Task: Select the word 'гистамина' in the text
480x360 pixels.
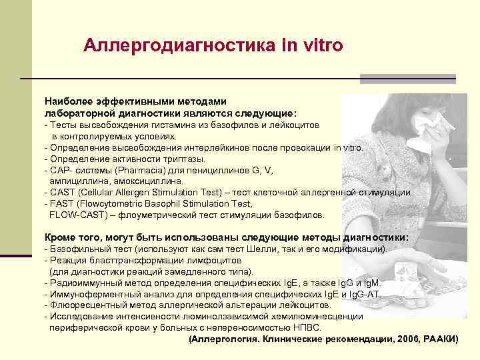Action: coord(173,125)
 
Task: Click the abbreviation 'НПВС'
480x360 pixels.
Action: coord(307,328)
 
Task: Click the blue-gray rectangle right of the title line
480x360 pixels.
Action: coord(407,79)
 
